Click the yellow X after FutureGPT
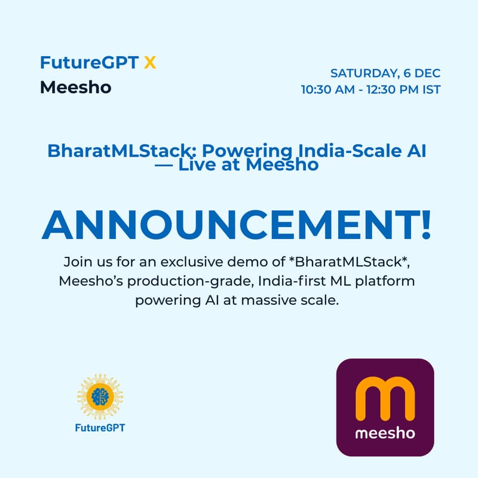150,62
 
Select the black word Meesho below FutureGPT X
75,87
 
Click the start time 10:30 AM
329,90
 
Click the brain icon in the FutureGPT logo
100,396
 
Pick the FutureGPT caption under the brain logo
100,428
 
